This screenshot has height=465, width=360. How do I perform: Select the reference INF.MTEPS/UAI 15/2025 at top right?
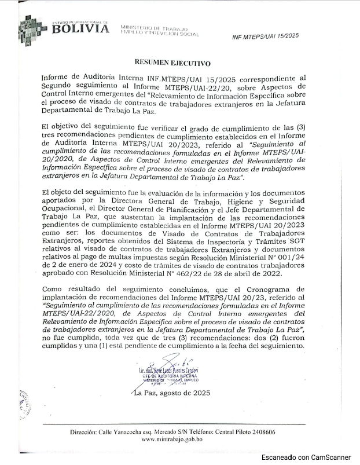pyautogui.click(x=265, y=36)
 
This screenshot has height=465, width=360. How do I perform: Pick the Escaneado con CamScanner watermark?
pyautogui.click(x=306, y=457)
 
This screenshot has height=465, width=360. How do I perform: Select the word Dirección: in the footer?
pyautogui.click(x=87, y=432)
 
